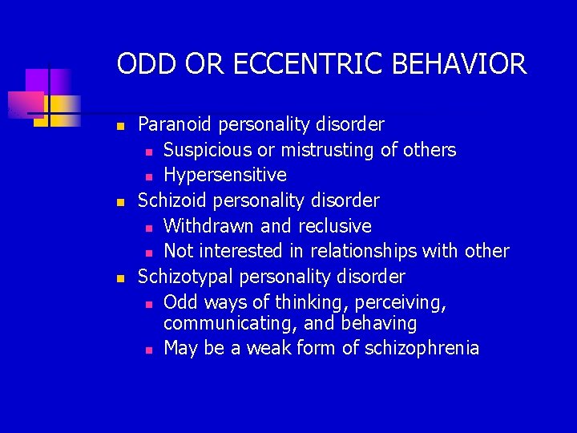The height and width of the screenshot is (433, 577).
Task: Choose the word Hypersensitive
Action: pyautogui.click(x=224, y=175)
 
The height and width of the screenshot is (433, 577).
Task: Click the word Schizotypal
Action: pyautogui.click(x=184, y=277)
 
